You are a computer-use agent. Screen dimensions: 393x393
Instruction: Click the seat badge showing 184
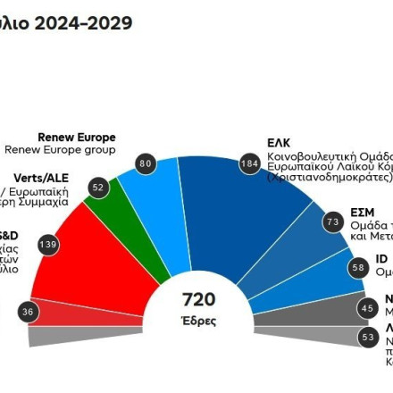(250, 163)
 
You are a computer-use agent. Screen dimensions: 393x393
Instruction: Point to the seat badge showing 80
(146, 163)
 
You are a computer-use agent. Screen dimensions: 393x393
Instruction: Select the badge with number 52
(98, 188)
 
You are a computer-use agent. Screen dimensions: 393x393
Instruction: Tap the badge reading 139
(48, 244)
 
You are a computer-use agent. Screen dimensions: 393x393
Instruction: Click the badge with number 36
(29, 311)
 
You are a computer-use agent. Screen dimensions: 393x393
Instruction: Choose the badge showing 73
(333, 221)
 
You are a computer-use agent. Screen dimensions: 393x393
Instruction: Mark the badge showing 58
(358, 267)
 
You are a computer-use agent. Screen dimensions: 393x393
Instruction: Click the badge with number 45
(367, 307)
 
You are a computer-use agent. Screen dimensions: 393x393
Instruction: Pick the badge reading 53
(367, 337)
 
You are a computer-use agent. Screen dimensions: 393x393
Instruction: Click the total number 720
(198, 299)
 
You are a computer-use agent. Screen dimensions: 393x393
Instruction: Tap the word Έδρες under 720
(198, 321)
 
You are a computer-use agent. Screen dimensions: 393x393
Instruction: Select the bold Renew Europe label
(77, 138)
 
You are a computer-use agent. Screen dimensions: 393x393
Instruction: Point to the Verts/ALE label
(41, 178)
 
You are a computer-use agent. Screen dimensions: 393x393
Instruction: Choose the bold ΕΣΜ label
(363, 213)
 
